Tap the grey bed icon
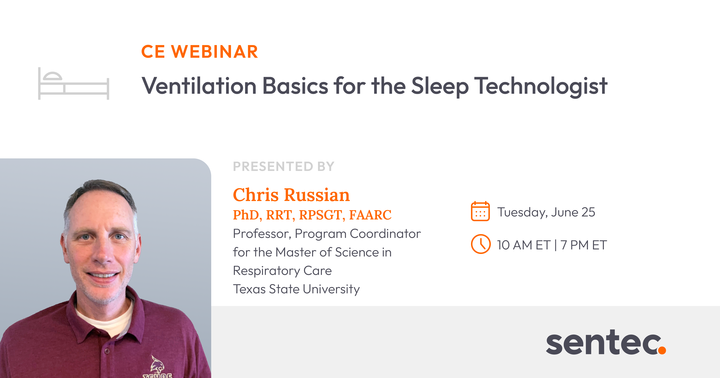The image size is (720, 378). (73, 84)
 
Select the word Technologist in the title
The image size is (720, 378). (541, 87)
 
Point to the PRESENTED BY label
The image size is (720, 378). (284, 167)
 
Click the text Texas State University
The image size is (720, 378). (296, 289)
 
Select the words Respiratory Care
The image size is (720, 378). (282, 271)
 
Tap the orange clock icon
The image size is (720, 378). (481, 244)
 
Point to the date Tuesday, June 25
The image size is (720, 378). (546, 212)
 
